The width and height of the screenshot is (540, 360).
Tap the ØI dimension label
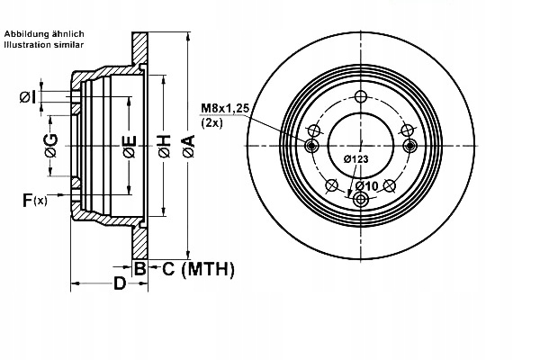tap(28, 96)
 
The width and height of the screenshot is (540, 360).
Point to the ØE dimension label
tap(129, 144)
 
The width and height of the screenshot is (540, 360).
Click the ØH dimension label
tap(165, 144)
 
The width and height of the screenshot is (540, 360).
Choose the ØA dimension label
tap(188, 144)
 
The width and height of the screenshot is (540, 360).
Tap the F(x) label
tap(34, 200)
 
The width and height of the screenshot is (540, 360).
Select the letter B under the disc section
tap(140, 267)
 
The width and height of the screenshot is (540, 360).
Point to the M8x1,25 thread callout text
tap(224, 108)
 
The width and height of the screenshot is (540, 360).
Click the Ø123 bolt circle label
tap(356, 158)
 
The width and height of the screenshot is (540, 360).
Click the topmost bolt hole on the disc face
tap(361, 97)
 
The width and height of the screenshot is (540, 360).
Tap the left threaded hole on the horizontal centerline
tap(312, 146)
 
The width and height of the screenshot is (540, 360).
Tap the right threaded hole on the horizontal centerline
tap(410, 146)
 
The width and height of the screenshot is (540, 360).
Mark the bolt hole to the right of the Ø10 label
tap(390, 185)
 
